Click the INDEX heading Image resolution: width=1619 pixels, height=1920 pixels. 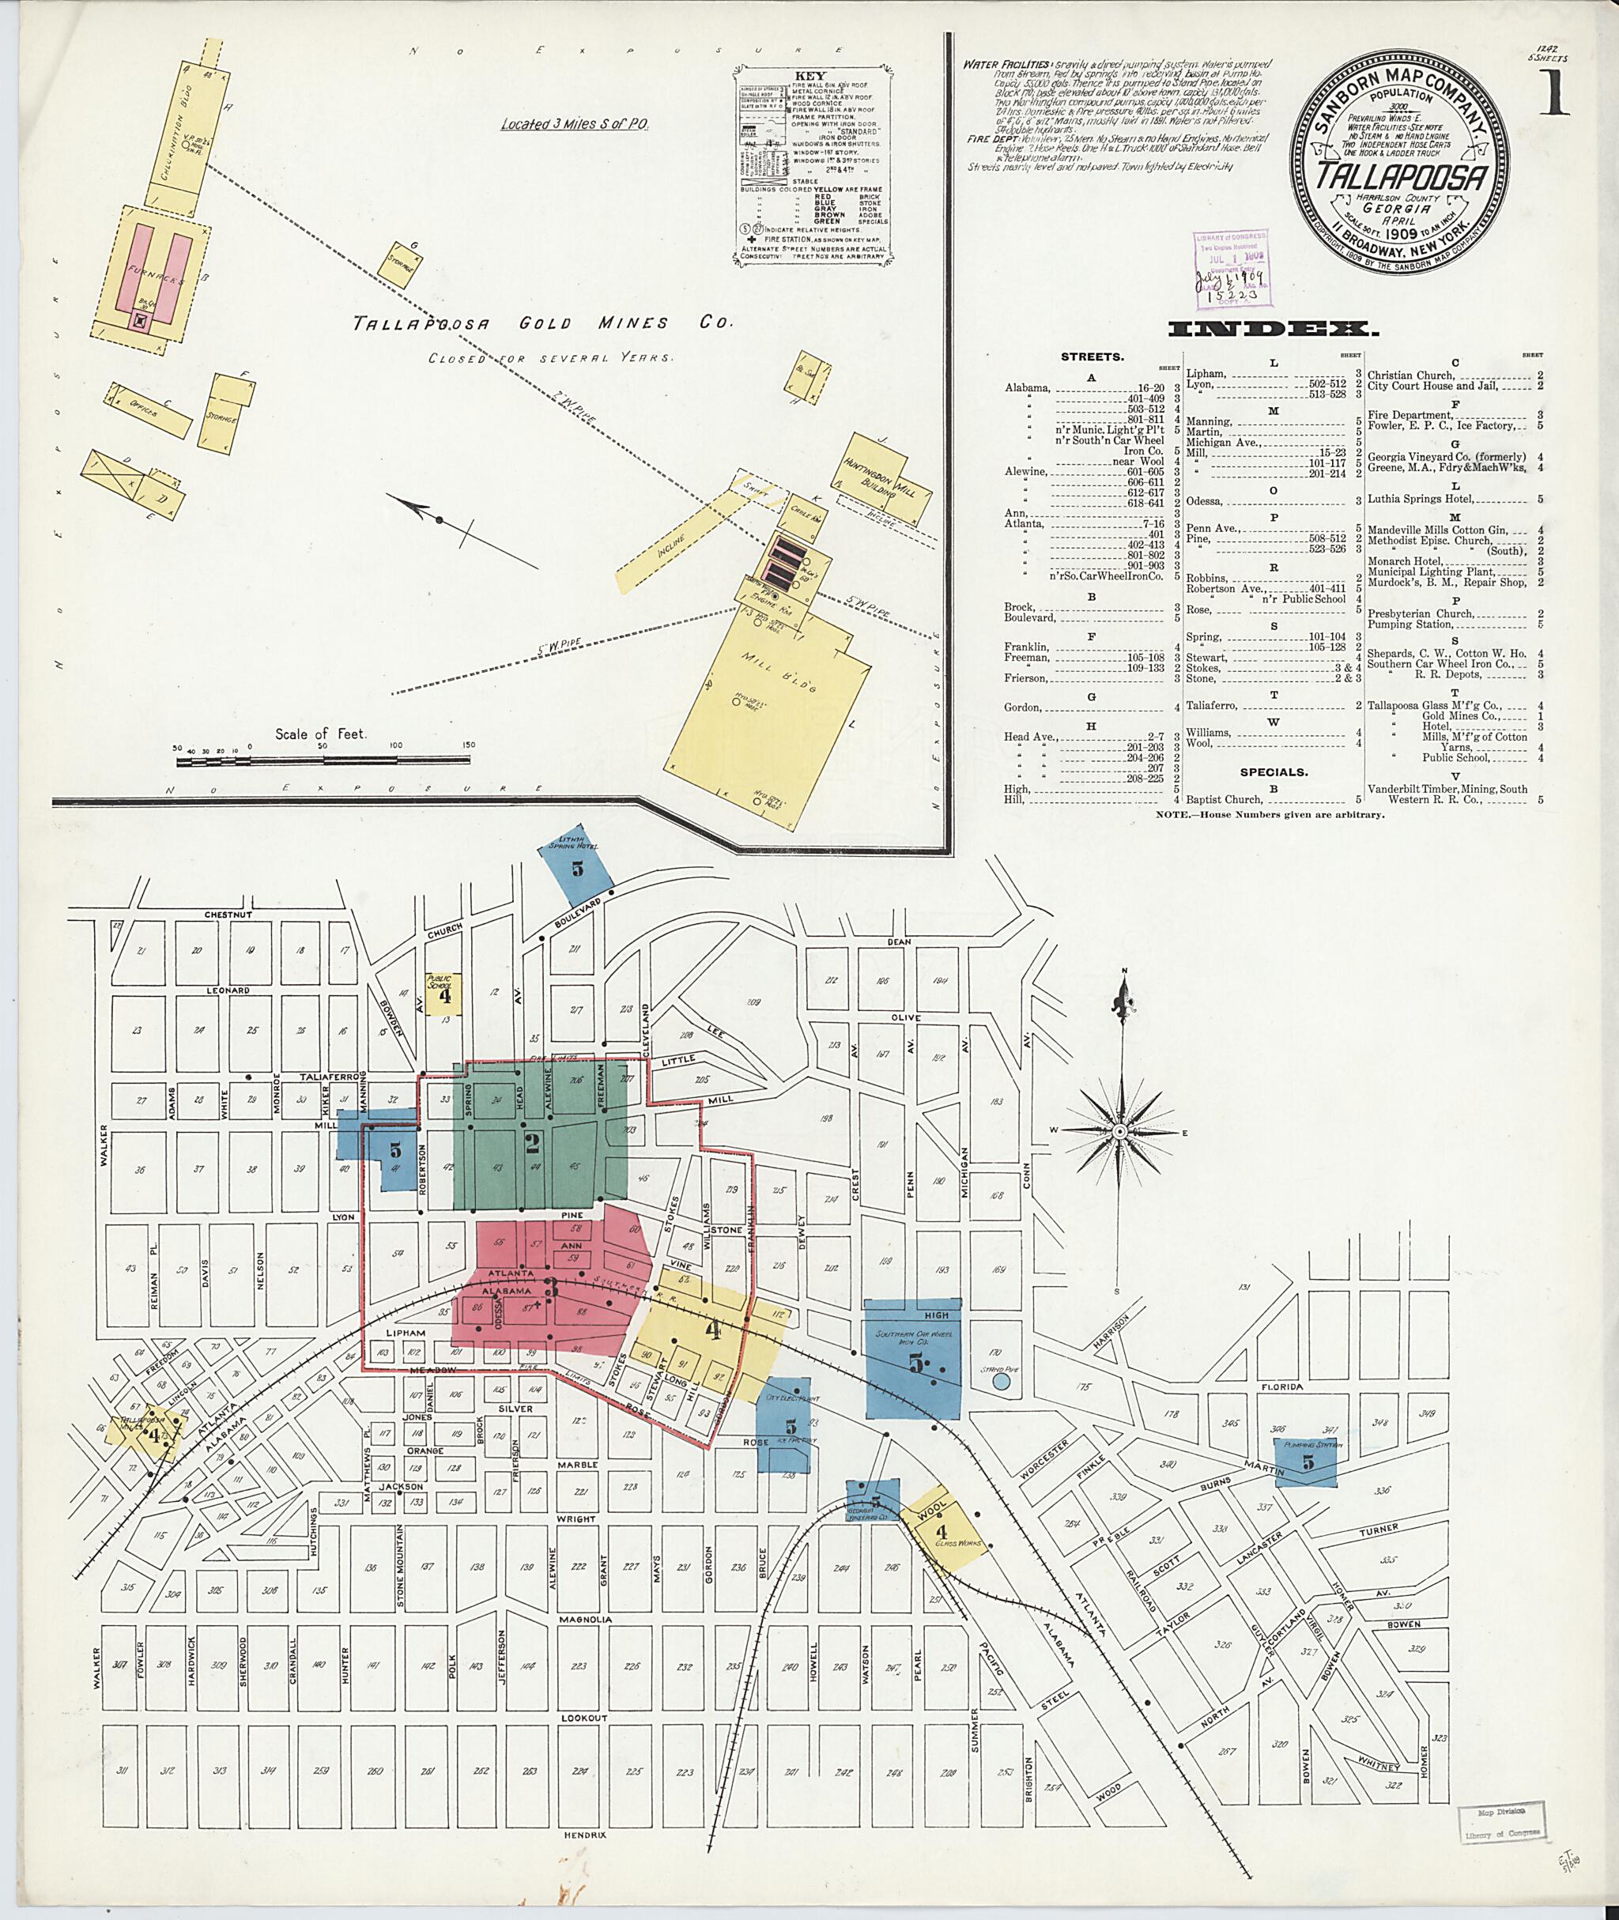click(x=1272, y=328)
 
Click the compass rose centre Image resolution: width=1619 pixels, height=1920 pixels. click(x=1121, y=1133)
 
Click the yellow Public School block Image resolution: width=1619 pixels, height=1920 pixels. click(x=443, y=993)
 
